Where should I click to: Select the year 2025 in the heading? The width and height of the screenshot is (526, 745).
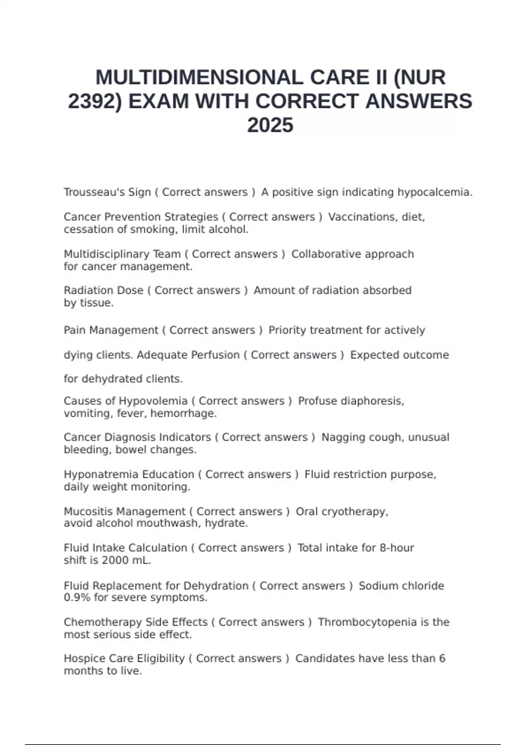270,125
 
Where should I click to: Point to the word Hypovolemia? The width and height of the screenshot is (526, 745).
153,401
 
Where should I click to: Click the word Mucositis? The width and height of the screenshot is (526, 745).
88,511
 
